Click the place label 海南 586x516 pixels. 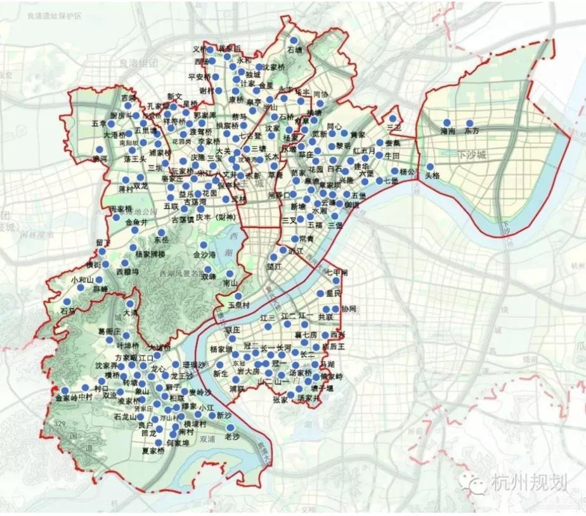point(447,131)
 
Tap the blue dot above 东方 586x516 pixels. point(470,123)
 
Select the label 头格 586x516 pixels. point(433,176)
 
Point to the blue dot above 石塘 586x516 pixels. point(294,39)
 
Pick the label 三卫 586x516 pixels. point(394,127)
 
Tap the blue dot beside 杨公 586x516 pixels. point(394,171)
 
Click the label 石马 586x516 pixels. point(67,311)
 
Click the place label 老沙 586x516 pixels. point(232,437)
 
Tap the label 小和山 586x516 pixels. point(82,279)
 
